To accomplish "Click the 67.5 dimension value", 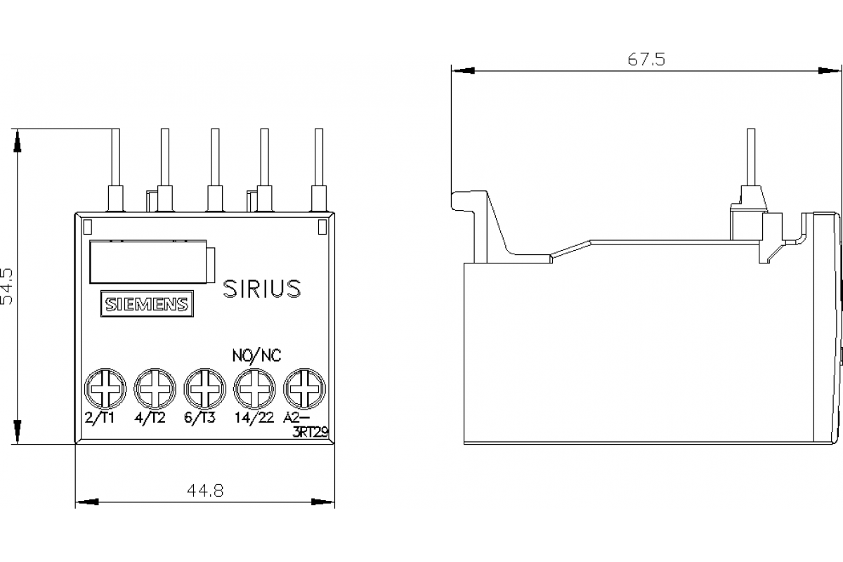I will pyautogui.click(x=646, y=60).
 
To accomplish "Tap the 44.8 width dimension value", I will pyautogui.click(x=204, y=492).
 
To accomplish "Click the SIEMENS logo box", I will pyautogui.click(x=146, y=304).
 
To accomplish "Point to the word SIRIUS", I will pyautogui.click(x=262, y=289).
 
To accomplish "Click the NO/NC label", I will pyautogui.click(x=256, y=355).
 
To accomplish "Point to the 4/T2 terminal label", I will pyautogui.click(x=150, y=419).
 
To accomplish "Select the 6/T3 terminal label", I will pyautogui.click(x=201, y=419).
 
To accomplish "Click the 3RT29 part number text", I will pyautogui.click(x=309, y=432).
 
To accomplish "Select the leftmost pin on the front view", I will pyautogui.click(x=115, y=158).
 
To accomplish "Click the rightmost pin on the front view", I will pyautogui.click(x=318, y=158).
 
